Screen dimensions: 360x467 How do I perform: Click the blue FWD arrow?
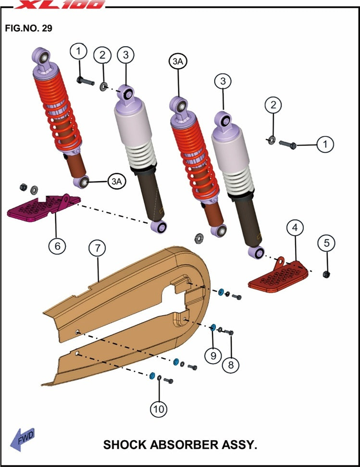coord(22,440)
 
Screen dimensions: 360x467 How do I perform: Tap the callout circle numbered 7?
coord(98,248)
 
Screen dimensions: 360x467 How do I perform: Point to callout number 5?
coord(327,243)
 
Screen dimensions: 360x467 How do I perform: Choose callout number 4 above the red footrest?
coord(295,228)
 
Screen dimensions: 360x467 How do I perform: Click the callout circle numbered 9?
coord(213,356)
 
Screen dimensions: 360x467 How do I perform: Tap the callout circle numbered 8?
coord(231,364)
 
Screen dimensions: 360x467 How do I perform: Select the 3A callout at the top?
coord(178,61)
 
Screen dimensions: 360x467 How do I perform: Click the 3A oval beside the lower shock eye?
coord(116,182)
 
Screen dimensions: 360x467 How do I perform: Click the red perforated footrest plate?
coord(278,275)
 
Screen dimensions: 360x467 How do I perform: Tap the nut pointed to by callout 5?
coord(326,274)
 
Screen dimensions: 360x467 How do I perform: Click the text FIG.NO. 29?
coord(29,28)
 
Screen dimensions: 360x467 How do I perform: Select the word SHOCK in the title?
coord(125,445)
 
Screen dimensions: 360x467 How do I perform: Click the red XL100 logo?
coord(60,4)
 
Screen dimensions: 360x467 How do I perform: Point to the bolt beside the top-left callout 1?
coord(85,80)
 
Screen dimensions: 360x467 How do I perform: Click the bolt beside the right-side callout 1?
coord(287,145)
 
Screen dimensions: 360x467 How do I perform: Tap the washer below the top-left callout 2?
coord(103,87)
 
